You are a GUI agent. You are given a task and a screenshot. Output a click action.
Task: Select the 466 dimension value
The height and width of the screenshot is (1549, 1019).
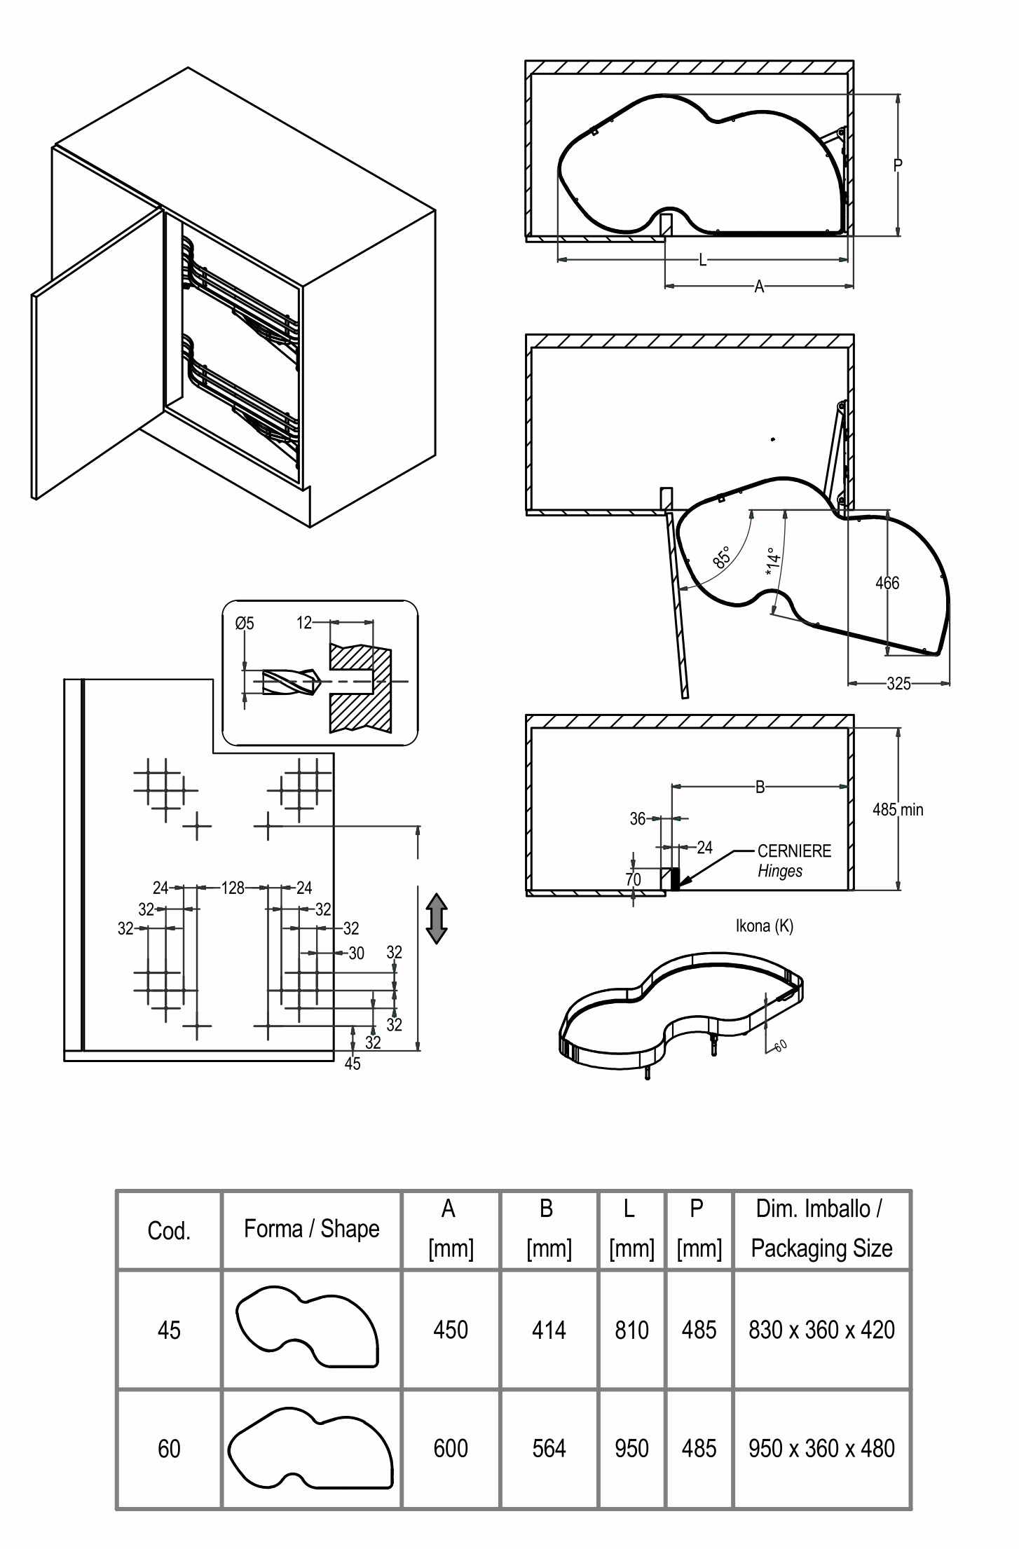(887, 583)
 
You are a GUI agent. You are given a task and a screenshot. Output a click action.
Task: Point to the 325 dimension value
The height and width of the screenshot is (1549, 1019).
(898, 683)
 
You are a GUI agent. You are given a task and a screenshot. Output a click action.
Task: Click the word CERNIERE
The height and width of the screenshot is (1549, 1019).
(794, 851)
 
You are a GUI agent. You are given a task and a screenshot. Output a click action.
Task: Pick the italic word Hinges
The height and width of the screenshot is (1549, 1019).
(780, 872)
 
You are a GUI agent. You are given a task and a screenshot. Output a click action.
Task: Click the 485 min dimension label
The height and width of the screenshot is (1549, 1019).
(898, 810)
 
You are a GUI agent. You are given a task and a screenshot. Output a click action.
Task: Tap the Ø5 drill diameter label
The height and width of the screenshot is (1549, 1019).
(245, 623)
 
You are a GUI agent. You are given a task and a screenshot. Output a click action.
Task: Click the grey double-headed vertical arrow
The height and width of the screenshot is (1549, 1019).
(437, 918)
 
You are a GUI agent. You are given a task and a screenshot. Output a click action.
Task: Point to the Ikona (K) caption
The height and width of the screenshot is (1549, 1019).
(765, 926)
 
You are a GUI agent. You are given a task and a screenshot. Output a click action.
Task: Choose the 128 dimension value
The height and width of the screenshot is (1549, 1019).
(233, 888)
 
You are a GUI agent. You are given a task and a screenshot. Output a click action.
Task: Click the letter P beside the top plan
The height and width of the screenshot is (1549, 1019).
(898, 165)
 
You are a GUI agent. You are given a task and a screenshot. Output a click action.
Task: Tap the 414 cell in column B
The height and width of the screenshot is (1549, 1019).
(549, 1330)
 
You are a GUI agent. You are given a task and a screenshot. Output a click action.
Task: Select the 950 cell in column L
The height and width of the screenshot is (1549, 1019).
(631, 1448)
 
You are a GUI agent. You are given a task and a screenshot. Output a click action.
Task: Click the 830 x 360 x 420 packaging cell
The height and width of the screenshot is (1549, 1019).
(821, 1330)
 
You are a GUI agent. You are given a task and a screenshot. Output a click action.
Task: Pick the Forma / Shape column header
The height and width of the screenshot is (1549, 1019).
(311, 1228)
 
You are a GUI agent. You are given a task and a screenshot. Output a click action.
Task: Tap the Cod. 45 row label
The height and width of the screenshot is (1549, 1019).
(169, 1330)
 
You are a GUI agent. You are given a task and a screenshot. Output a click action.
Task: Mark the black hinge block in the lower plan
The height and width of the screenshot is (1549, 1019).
(676, 879)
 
